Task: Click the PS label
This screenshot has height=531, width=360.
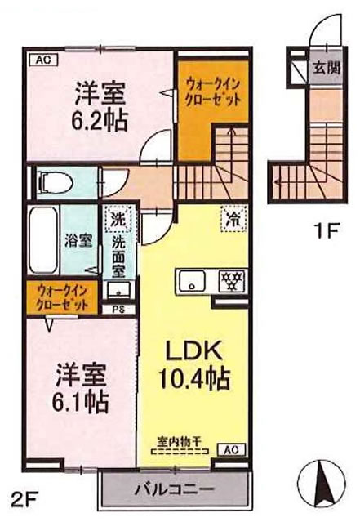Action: tap(120, 309)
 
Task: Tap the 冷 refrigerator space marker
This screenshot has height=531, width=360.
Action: tap(231, 219)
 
